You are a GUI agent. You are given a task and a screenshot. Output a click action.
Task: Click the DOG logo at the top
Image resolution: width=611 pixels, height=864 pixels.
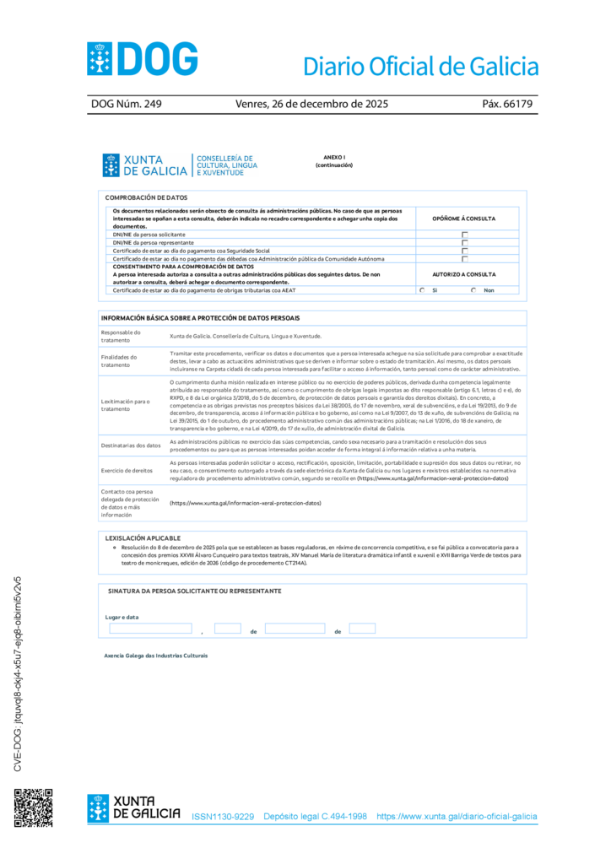[143, 59]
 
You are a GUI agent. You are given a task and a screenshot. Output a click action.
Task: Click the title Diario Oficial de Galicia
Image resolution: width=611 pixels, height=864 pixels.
[419, 66]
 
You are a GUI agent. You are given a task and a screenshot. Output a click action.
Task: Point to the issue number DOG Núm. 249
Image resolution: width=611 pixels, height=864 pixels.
[126, 105]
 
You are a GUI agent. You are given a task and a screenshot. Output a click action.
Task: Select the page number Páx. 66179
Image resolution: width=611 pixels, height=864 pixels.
[507, 105]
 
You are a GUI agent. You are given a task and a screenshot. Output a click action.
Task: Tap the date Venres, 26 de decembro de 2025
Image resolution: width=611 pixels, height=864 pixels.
[311, 105]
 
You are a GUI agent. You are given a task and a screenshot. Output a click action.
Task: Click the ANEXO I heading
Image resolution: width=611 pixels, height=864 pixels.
[334, 157]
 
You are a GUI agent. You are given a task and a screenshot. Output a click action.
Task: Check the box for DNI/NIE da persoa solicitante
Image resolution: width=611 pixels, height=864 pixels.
[464, 235]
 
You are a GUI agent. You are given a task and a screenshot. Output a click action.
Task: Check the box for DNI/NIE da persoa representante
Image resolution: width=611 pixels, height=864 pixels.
[464, 242]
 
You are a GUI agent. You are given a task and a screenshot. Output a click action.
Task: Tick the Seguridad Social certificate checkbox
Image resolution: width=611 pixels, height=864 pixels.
[464, 251]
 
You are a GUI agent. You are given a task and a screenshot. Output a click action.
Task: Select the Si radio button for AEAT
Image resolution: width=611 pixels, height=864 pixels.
[422, 290]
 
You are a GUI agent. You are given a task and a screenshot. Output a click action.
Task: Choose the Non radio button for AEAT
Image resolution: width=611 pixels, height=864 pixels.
[473, 290]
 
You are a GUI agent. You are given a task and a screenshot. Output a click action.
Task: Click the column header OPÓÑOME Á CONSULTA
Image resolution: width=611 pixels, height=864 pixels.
[463, 219]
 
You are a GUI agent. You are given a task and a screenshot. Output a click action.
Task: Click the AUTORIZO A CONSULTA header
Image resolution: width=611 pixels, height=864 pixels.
[463, 274]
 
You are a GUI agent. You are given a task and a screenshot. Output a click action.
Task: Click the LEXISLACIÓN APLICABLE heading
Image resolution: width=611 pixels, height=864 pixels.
[143, 537]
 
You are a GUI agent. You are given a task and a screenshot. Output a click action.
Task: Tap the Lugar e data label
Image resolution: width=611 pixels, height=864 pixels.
[122, 617]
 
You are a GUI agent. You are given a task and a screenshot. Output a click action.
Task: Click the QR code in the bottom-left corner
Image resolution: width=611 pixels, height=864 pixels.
[33, 807]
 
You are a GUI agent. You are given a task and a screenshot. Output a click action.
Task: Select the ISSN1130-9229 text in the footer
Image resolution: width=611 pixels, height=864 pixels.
[223, 817]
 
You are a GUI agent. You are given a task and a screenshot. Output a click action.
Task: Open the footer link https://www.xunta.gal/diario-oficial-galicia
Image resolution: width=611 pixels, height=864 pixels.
[457, 817]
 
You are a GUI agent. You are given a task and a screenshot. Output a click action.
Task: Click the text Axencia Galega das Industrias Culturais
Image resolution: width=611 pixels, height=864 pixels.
[155, 656]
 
